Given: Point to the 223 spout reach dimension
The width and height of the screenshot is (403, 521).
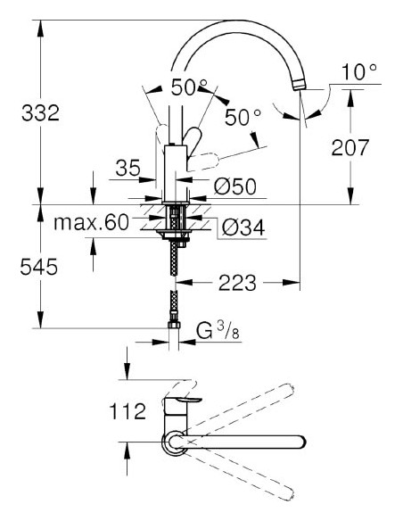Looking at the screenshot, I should tap(235, 284).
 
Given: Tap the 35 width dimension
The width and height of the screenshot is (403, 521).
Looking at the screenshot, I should tap(128, 168).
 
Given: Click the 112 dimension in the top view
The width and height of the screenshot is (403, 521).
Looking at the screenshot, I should tap(127, 411).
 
